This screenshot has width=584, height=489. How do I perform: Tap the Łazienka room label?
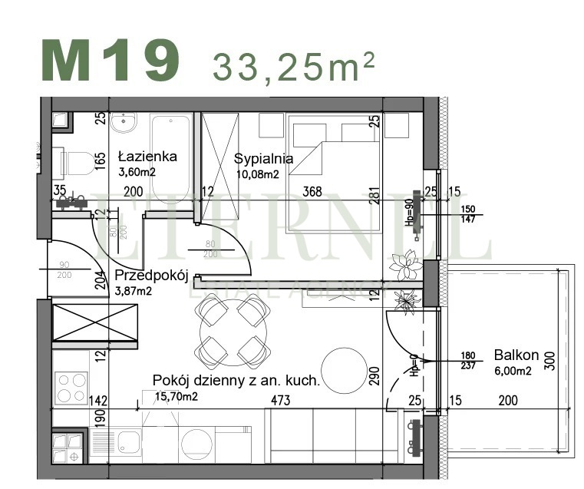click(147, 157)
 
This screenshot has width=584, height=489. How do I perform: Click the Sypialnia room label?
click(263, 160)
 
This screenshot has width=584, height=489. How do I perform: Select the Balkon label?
click(516, 355)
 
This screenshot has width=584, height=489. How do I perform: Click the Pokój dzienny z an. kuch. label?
click(236, 380)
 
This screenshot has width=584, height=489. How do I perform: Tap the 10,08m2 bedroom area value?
click(256, 173)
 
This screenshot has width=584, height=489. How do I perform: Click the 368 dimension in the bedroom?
click(311, 192)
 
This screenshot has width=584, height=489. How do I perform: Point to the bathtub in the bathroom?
click(170, 154)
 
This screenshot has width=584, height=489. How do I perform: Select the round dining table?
click(232, 332)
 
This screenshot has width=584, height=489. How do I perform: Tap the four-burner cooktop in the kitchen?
click(70, 388)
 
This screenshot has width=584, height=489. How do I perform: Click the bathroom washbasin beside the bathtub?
click(123, 122)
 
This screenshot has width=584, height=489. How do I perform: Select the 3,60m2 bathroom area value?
click(137, 171)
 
